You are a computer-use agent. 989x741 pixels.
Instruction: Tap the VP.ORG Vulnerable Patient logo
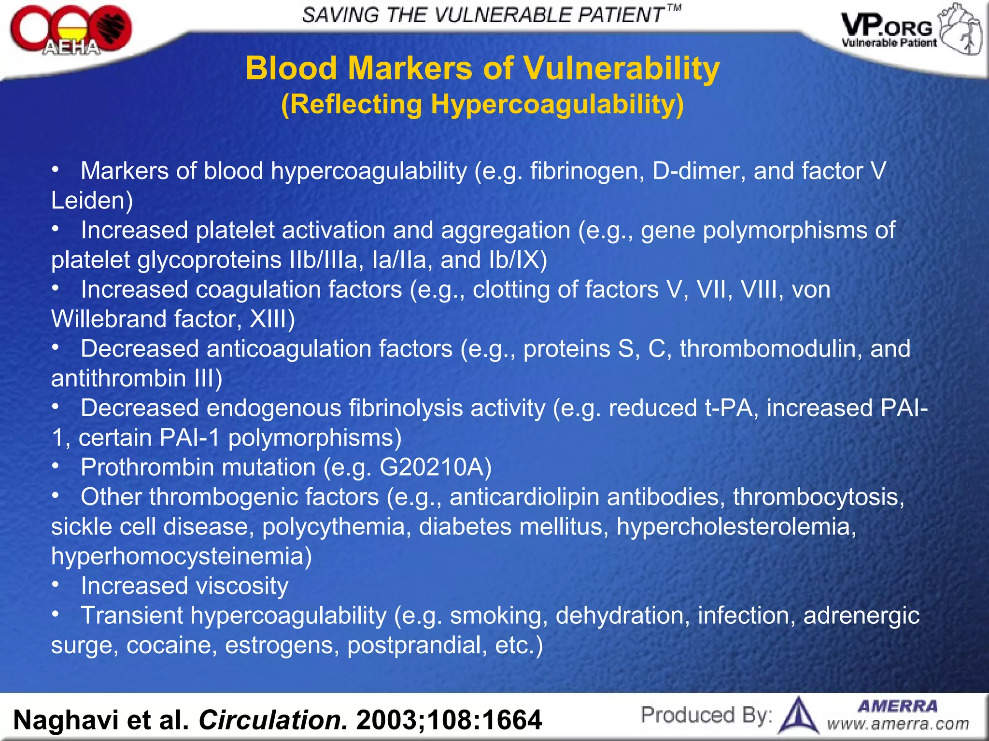[911, 30]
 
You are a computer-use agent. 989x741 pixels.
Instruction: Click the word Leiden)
[92, 201]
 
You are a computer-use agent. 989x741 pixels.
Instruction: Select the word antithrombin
[119, 379]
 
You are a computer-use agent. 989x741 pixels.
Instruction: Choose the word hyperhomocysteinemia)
[182, 556]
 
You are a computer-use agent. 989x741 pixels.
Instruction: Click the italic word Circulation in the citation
[273, 720]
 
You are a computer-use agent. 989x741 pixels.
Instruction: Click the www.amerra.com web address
[898, 724]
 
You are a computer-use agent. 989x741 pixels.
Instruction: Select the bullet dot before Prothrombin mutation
[56, 466]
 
